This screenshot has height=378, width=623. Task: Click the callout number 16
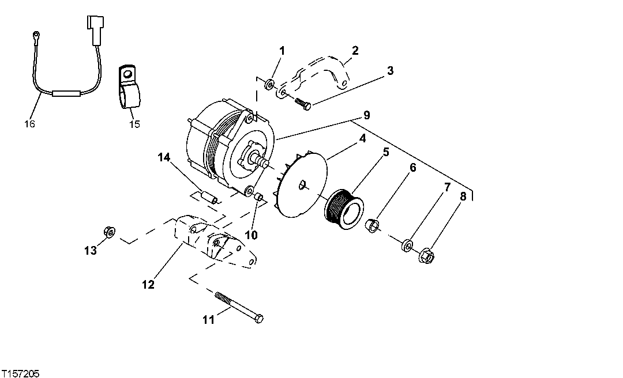30,124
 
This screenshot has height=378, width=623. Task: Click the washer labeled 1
269,85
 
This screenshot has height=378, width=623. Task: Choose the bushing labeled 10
259,199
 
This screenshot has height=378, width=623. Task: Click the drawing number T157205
20,373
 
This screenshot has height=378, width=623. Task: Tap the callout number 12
149,285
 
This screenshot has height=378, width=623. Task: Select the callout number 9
366,115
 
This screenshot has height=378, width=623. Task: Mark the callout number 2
355,51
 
